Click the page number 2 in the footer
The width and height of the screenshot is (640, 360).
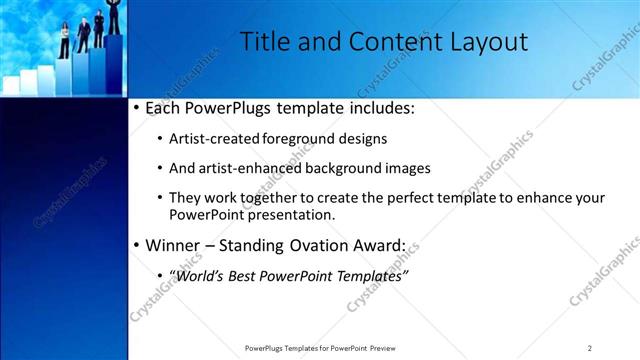(589, 348)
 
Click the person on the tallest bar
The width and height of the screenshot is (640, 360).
(114, 15)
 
